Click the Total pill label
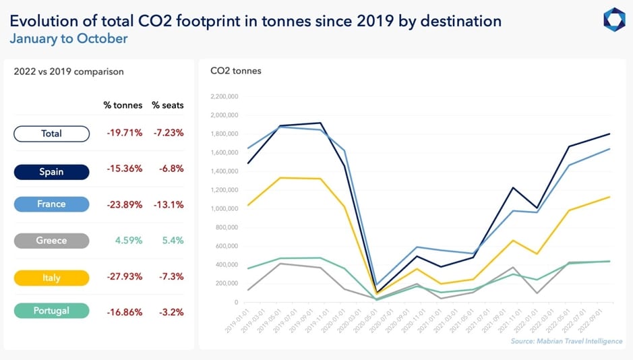[51, 133]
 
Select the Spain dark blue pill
[51, 172]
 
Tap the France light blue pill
[51, 204]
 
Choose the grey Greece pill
[51, 241]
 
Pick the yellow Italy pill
[51, 278]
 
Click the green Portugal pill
[51, 310]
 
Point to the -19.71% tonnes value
[124, 133]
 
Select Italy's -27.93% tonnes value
[124, 278]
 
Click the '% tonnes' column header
[123, 105]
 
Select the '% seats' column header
[167, 105]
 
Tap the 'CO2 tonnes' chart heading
[235, 71]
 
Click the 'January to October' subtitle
[68, 38]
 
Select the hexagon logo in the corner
[613, 19]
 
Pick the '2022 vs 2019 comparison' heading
[69, 71]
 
